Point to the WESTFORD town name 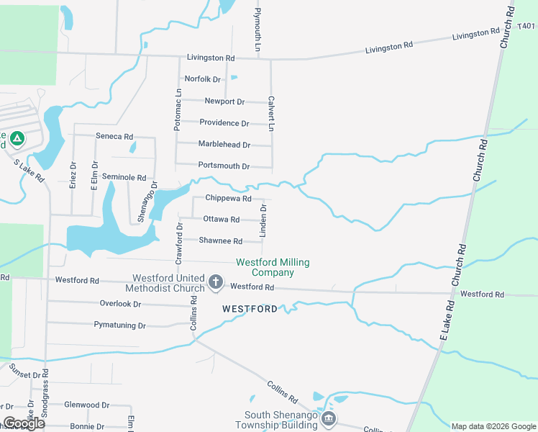coord(250,309)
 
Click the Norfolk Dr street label coord(202,79)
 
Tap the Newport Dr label coord(224,102)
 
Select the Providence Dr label coord(224,123)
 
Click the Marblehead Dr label coord(224,145)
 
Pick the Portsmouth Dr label coord(224,166)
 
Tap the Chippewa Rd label coord(228,198)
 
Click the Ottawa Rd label coord(221,219)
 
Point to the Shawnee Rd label coord(221,240)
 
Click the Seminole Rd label coord(124,177)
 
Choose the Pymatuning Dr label coord(119,325)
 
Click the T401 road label coord(526,27)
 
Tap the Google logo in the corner coord(23,423)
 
